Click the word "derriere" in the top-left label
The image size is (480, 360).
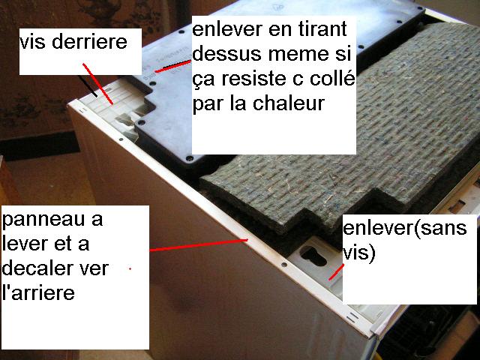[x=89, y=42]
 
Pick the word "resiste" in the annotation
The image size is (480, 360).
[x=249, y=79]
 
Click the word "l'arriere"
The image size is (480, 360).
[x=38, y=292]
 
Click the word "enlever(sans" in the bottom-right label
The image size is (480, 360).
[x=405, y=229]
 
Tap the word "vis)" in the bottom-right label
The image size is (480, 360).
[x=358, y=253]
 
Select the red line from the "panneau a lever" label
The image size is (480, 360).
[x=199, y=245]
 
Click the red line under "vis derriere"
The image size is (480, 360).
[x=97, y=84]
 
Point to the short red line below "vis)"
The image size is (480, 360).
[x=337, y=271]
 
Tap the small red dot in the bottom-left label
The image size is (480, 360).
[x=130, y=268]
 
